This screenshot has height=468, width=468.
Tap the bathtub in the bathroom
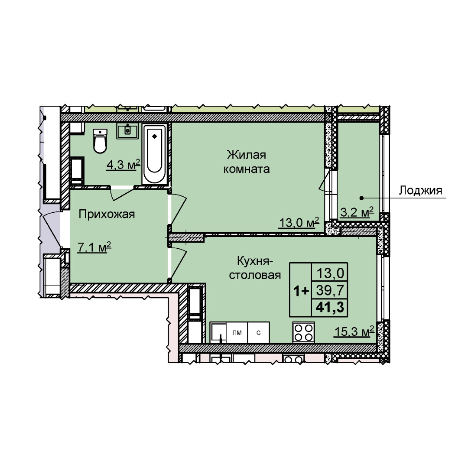click(154, 154)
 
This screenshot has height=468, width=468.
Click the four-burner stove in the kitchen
click(303, 332)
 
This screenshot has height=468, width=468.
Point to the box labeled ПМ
click(237, 332)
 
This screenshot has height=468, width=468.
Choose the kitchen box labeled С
click(258, 332)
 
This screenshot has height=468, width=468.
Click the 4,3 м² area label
click(123, 165)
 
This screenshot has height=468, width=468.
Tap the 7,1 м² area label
click(94, 247)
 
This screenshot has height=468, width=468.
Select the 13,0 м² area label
click(299, 222)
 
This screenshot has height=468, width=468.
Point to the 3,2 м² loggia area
click(357, 212)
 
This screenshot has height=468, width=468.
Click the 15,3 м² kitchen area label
click(354, 331)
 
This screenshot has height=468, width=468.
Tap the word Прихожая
click(107, 214)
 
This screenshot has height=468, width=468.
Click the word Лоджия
click(420, 190)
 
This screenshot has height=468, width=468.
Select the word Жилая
click(246, 155)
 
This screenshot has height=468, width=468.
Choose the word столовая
click(255, 275)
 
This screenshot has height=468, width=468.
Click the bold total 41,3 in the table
click(330, 307)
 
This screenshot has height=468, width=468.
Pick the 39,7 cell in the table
click(330, 290)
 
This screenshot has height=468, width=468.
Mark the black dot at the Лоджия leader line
click(361, 198)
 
